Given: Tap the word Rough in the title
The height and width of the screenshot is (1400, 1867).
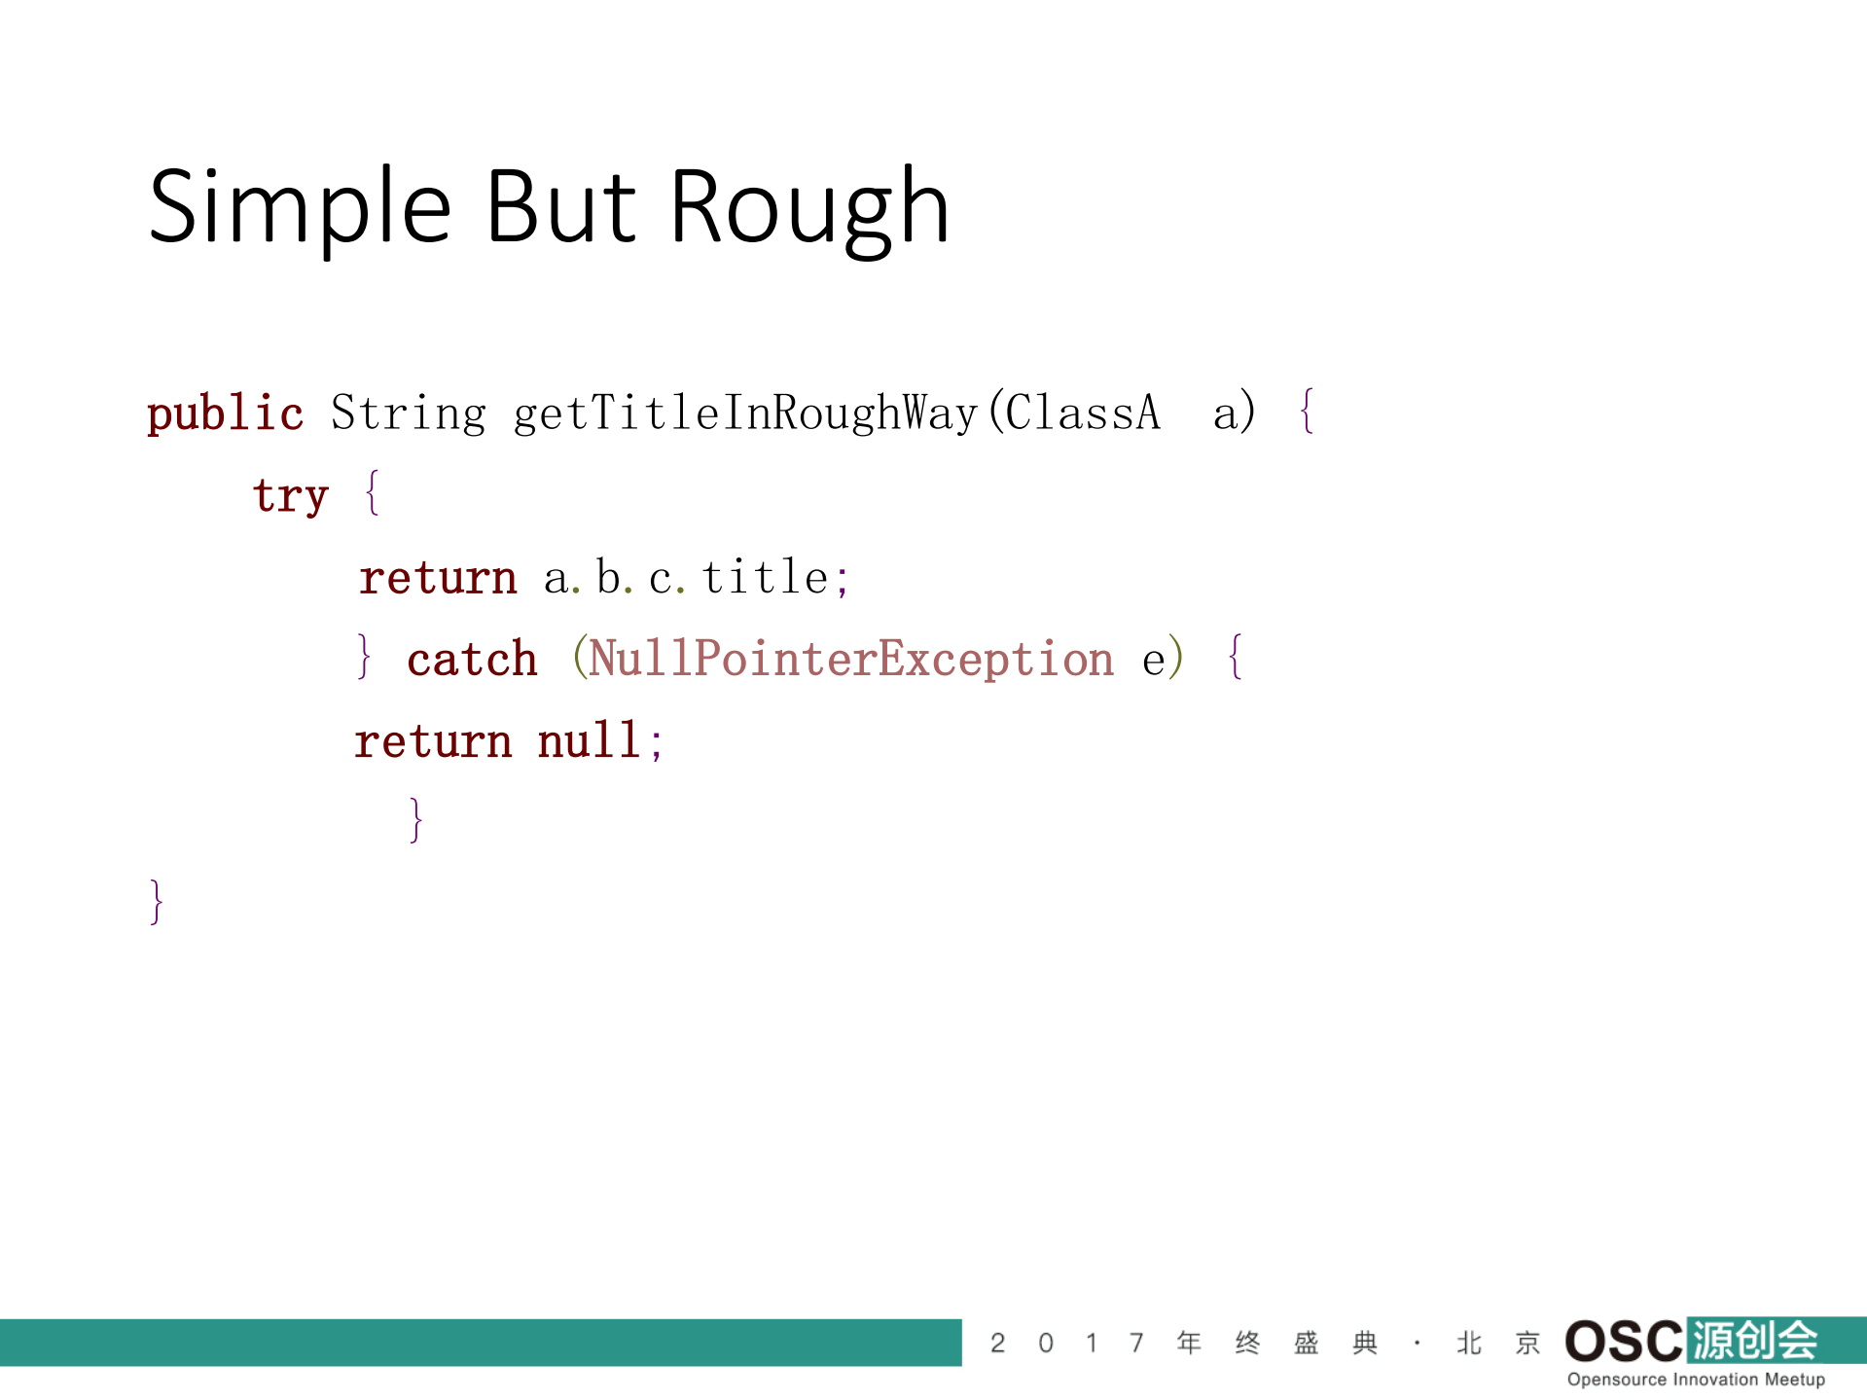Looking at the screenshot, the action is [809, 208].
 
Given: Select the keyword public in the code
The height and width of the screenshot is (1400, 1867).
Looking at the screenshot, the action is [225, 413].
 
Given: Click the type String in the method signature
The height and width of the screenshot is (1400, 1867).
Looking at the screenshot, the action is [409, 413].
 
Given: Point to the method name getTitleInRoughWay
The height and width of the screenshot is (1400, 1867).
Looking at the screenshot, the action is [745, 413].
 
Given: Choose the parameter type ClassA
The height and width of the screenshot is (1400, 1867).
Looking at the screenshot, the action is [1083, 413].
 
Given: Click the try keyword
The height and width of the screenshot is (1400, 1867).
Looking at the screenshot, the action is [291, 496].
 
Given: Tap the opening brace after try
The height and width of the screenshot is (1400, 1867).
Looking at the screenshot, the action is [372, 493].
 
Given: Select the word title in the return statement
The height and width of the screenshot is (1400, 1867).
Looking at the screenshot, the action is [765, 577].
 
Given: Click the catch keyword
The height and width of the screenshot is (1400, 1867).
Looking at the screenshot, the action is [472, 660].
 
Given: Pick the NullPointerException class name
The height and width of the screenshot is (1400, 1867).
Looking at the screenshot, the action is [851, 659].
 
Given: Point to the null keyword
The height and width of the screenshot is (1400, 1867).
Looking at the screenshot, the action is [589, 740].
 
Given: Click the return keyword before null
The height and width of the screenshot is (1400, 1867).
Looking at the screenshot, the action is [433, 742].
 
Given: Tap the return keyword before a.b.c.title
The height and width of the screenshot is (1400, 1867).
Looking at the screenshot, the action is [438, 579].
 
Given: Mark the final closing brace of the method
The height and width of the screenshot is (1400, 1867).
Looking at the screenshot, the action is [157, 902].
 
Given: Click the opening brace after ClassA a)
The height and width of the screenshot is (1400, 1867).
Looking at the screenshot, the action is [1307, 411].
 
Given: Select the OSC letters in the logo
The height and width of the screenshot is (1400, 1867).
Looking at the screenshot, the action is [1624, 1342].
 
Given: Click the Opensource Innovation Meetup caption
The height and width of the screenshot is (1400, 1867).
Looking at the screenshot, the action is [1696, 1380].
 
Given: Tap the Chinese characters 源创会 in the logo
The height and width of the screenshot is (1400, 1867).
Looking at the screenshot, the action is [1754, 1341].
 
